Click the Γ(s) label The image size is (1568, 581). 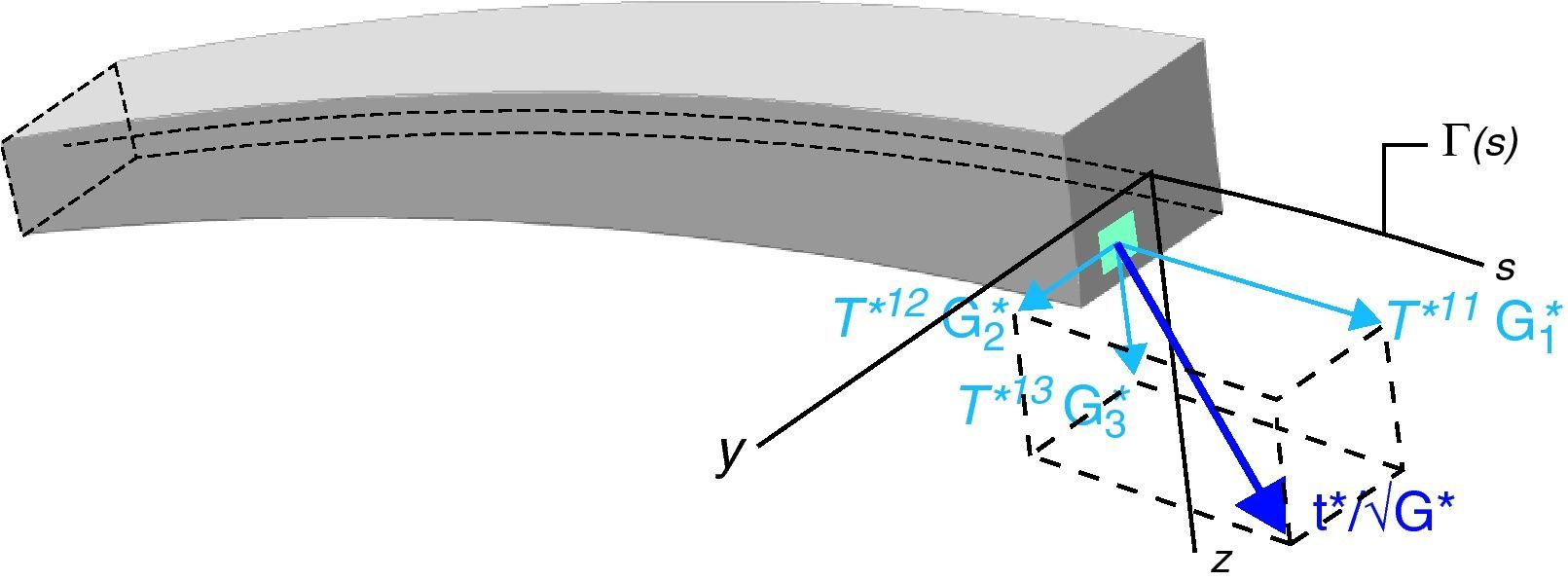coord(1477,145)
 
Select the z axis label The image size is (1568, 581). coord(1222,562)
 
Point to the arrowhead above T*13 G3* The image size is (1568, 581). coord(1131,359)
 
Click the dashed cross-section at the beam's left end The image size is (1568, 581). coord(68,146)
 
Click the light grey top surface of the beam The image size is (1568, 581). coord(633,54)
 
